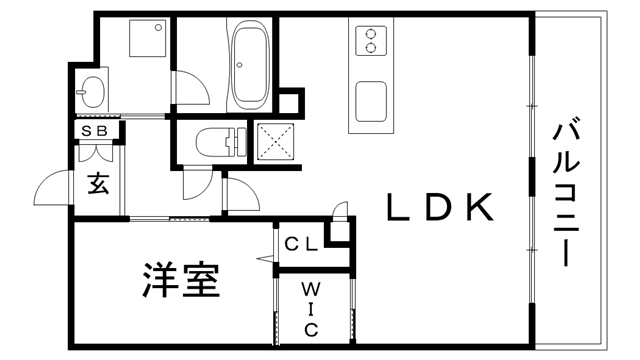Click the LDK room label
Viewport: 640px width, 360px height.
(x=439, y=208)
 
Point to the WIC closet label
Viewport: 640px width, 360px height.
(x=311, y=308)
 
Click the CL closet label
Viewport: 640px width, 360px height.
(x=301, y=243)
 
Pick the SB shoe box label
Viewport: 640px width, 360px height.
(x=96, y=131)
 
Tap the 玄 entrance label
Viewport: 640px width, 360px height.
(x=98, y=184)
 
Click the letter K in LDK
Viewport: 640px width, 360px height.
(x=477, y=208)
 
